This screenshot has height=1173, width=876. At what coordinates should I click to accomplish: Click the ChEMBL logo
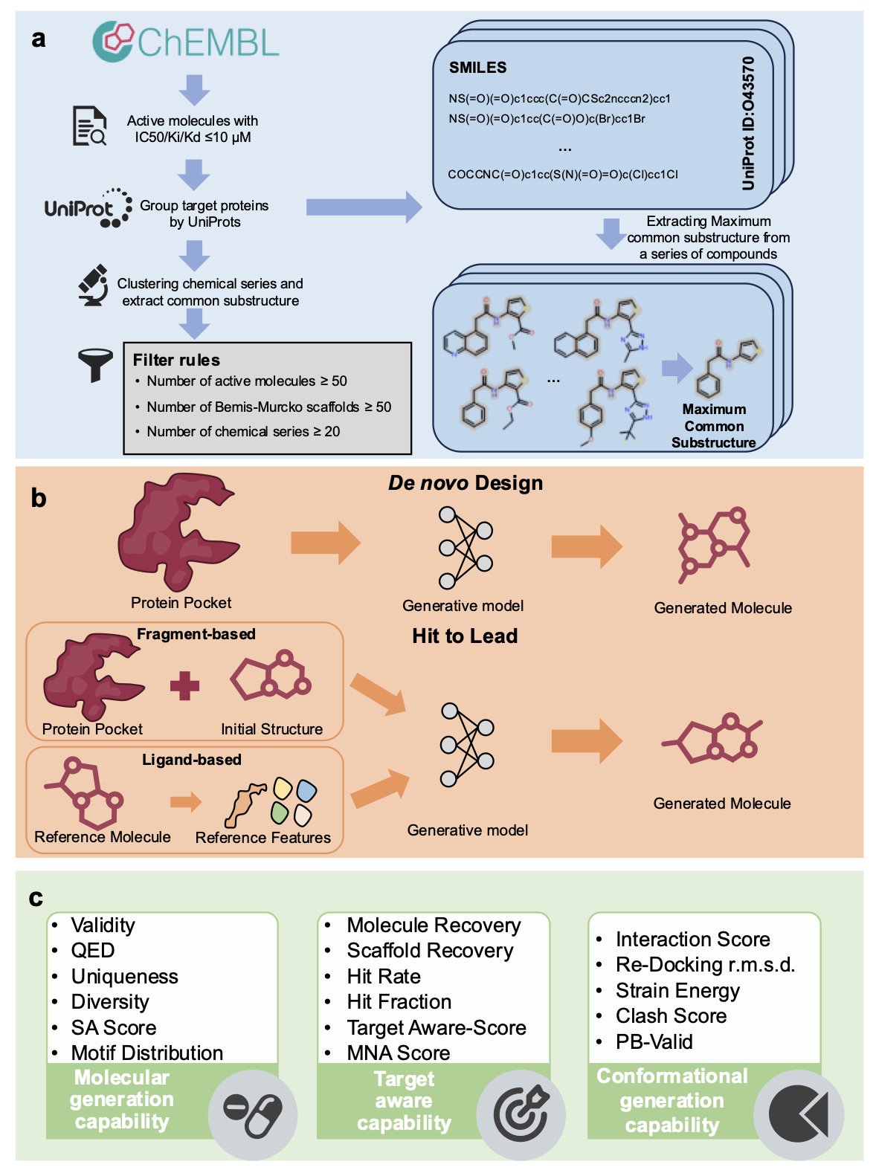(185, 42)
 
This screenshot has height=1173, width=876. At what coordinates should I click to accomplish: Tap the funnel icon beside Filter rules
(94, 365)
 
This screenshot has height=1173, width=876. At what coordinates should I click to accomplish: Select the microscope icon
(93, 285)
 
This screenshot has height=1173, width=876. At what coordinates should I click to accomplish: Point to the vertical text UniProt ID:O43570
(748, 123)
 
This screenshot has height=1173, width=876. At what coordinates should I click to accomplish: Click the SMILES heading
(477, 68)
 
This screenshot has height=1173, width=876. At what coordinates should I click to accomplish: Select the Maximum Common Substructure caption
(714, 426)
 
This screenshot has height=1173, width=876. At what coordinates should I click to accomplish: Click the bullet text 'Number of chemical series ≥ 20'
(243, 432)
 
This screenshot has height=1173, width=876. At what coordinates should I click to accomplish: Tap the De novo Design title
(466, 483)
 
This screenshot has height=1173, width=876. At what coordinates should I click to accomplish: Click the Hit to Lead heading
(465, 636)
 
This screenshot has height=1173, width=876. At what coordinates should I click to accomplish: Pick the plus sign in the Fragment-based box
(184, 685)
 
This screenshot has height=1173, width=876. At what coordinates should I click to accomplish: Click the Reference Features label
(263, 838)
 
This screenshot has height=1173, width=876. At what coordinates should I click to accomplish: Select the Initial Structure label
(271, 729)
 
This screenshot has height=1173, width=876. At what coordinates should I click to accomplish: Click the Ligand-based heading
(192, 760)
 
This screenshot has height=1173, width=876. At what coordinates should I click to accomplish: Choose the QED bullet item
(93, 951)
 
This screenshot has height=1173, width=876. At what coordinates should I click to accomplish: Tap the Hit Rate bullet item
(384, 976)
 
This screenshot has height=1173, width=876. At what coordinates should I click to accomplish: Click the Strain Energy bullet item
(677, 991)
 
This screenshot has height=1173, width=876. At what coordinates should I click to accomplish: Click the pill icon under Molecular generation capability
(252, 1114)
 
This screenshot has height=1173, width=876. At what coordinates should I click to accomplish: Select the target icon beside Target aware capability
(521, 1114)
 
